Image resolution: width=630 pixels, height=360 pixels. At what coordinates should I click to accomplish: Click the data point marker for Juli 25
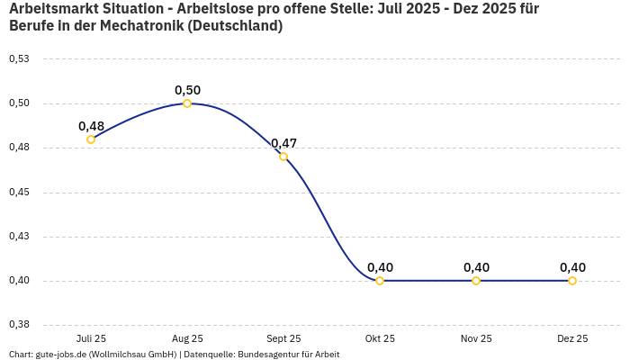click(91, 139)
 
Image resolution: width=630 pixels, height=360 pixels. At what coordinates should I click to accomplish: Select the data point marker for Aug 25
click(187, 103)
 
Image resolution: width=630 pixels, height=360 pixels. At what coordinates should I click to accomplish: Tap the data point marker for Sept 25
click(283, 157)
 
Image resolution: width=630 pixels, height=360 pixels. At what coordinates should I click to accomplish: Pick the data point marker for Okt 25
click(380, 281)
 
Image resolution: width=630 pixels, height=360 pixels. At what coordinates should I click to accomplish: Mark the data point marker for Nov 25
click(476, 281)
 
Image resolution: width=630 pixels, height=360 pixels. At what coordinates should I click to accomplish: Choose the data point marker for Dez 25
click(572, 281)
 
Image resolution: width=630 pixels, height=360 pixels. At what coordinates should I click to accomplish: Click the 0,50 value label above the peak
click(187, 90)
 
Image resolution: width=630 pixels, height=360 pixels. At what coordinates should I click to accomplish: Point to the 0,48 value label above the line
click(91, 126)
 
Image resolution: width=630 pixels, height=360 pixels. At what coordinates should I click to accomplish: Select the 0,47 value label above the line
click(283, 143)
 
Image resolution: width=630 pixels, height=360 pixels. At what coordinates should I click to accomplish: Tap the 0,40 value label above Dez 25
click(572, 267)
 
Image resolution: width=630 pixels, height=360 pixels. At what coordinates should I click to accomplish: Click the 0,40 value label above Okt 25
click(380, 267)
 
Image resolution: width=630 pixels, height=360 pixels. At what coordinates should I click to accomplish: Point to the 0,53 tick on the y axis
click(19, 59)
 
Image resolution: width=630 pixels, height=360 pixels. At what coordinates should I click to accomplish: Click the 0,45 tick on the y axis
click(19, 193)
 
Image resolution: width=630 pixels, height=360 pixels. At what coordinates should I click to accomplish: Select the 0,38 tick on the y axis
click(19, 325)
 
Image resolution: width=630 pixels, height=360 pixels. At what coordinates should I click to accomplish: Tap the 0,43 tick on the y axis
click(19, 237)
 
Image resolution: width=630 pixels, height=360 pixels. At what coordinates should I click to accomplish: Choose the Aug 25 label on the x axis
click(187, 339)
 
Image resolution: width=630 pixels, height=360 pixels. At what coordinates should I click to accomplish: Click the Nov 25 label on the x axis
click(476, 339)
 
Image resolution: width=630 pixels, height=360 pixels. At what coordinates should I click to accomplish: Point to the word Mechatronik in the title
click(144, 26)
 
